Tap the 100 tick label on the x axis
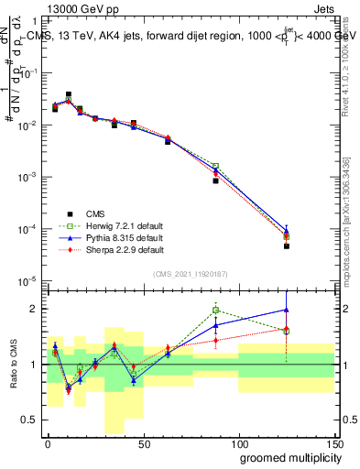(239, 442)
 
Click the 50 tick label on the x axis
(143, 442)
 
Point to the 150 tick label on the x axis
(334, 442)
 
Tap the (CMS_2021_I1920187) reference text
(191, 274)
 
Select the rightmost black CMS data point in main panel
(287, 245)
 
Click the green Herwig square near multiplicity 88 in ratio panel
(215, 310)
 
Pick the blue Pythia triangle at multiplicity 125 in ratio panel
(287, 309)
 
